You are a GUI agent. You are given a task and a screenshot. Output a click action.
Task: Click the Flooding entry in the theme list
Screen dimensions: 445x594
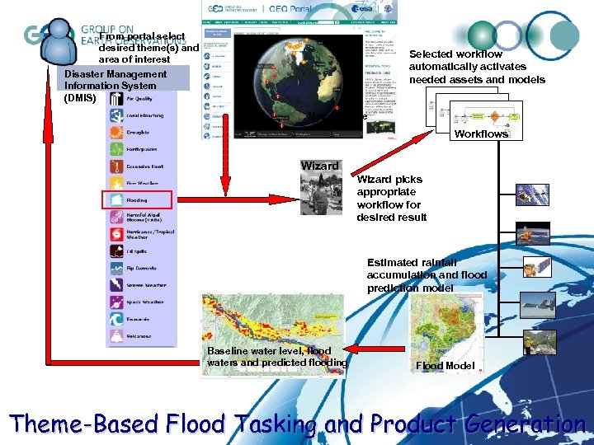tap(137, 199)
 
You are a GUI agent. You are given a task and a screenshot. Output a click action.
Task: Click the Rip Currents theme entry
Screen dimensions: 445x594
tap(137, 268)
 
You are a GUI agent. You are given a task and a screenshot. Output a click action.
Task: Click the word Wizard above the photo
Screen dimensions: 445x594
tap(319, 166)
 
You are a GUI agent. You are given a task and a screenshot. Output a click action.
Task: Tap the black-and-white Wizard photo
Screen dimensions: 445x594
tap(320, 194)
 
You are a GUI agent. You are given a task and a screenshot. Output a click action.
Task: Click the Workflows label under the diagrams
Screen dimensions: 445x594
tap(482, 133)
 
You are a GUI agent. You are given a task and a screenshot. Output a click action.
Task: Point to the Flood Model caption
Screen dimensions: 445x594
tap(445, 365)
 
